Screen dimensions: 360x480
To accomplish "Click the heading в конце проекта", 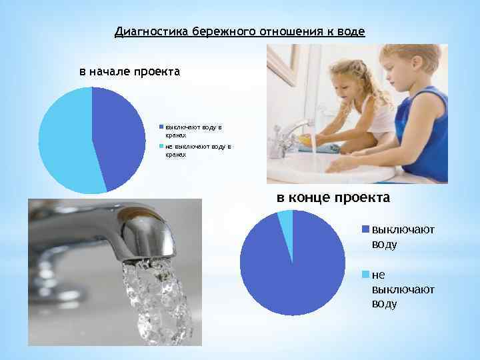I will [333, 198].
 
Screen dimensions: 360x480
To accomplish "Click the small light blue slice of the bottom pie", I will [286, 223].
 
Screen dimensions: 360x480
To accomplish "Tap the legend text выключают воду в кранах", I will [193, 130].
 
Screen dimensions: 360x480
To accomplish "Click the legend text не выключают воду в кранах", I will [197, 150].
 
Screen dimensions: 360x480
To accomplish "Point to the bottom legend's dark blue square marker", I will [365, 229].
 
